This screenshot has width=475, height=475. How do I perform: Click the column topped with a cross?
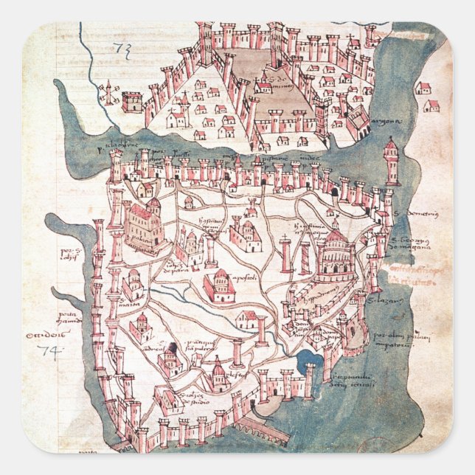pyautogui.click(x=286, y=254)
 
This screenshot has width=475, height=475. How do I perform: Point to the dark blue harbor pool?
pyautogui.click(x=307, y=359)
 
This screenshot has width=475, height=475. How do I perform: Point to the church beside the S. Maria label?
pyautogui.click(x=133, y=284)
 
